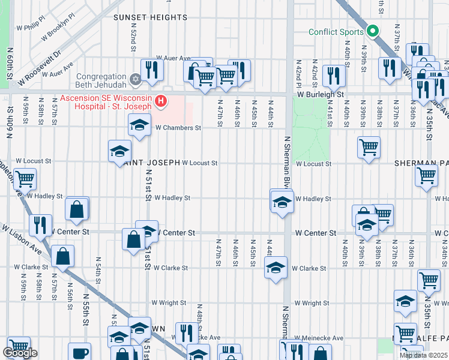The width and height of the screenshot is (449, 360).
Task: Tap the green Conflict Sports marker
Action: point(373,31)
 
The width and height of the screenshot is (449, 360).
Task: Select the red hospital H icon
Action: point(160,101)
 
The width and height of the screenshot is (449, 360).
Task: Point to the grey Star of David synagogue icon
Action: point(136,79)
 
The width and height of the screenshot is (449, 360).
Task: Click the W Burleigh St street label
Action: point(319,95)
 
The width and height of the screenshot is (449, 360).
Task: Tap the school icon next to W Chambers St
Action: point(139,125)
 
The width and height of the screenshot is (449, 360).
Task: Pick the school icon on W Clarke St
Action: point(276,267)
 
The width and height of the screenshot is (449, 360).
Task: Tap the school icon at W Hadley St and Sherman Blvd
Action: point(281,202)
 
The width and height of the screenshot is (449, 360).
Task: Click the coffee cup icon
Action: point(79,353)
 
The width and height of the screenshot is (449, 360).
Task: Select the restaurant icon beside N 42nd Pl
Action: point(332,75)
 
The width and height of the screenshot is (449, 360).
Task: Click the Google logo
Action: point(20,353)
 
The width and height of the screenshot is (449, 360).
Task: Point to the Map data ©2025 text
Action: point(423,355)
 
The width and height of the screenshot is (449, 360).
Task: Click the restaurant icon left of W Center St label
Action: point(40,224)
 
